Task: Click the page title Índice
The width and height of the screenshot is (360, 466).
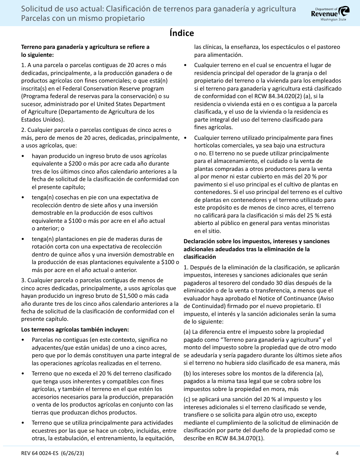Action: tap(182, 33)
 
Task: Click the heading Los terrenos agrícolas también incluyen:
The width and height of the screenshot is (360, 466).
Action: tap(75, 330)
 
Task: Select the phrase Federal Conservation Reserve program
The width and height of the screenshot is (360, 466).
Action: tap(98, 89)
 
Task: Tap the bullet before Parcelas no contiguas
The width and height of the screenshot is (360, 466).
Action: tap(23, 340)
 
